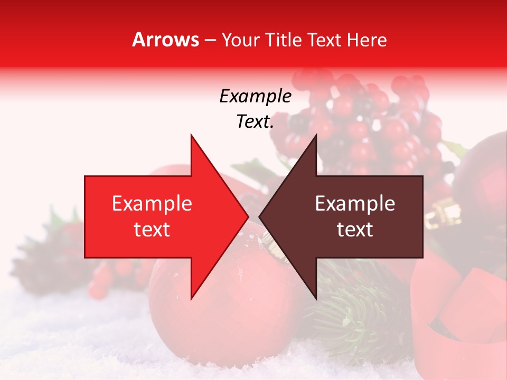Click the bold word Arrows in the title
click(x=166, y=40)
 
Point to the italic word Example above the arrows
click(x=255, y=97)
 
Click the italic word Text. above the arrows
click(x=255, y=122)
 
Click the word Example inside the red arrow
click(x=152, y=204)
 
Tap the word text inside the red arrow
click(x=152, y=230)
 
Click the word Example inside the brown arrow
click(x=355, y=204)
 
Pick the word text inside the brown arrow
click(x=355, y=230)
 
